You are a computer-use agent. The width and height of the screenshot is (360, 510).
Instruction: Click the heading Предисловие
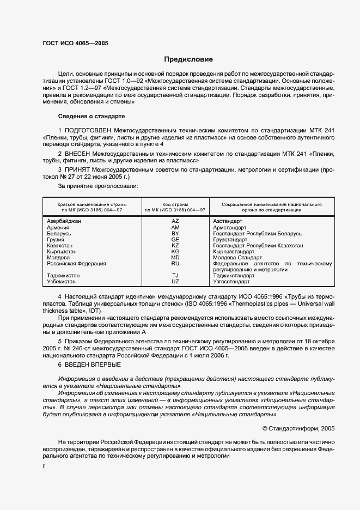click(188, 59)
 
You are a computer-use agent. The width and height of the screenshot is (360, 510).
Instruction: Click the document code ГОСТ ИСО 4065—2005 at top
click(75, 42)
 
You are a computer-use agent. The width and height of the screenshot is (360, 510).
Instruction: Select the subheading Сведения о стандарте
click(91, 116)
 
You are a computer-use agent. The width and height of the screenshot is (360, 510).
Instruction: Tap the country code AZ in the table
click(175, 221)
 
